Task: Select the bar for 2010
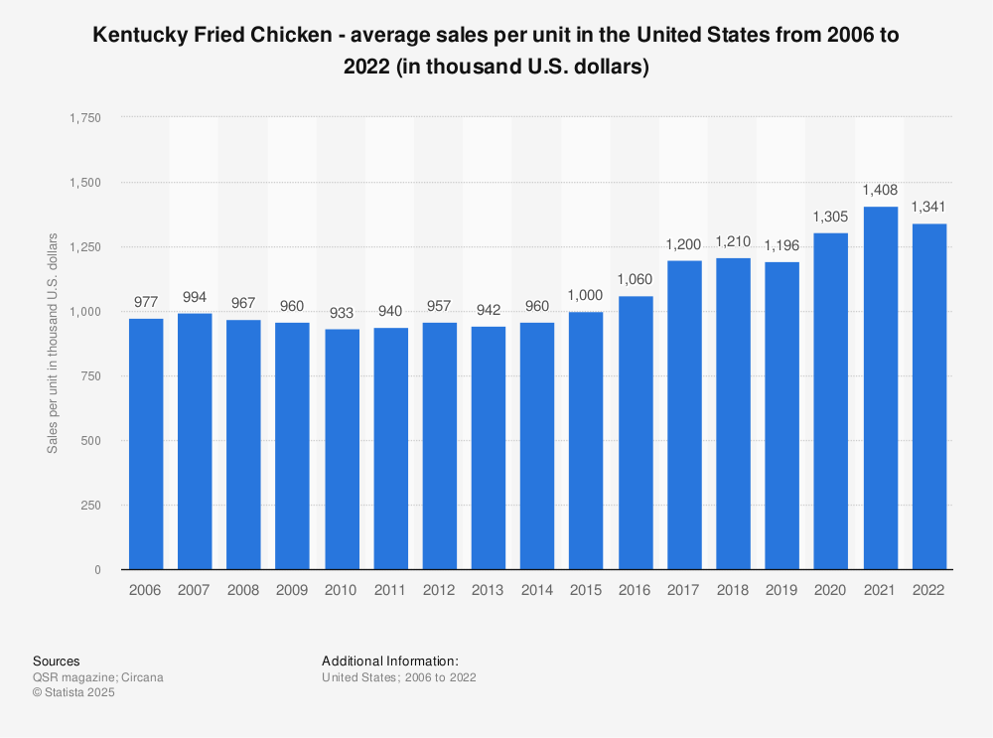pyautogui.click(x=342, y=449)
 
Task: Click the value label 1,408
pyautogui.click(x=881, y=191)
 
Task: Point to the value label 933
pyautogui.click(x=342, y=314)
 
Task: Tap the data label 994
pyautogui.click(x=195, y=298)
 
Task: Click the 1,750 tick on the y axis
pyautogui.click(x=84, y=117)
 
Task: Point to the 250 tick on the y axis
pyautogui.click(x=90, y=505)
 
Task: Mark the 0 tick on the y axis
pyautogui.click(x=96, y=569)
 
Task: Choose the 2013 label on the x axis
pyautogui.click(x=489, y=590)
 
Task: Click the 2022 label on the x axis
pyautogui.click(x=929, y=590)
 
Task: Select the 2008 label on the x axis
pyautogui.click(x=243, y=590)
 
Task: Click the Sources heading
pyautogui.click(x=57, y=661)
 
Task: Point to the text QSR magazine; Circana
pyautogui.click(x=98, y=677)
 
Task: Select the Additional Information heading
pyautogui.click(x=390, y=661)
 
